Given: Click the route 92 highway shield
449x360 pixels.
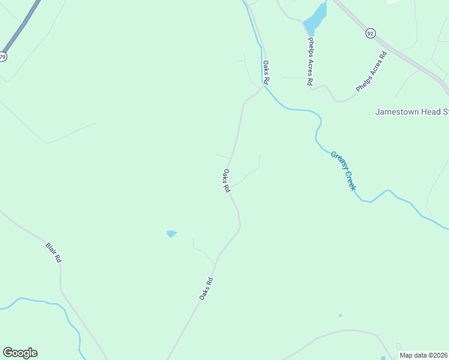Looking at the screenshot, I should (x=370, y=34).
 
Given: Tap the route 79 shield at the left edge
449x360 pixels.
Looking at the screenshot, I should (x=3, y=57).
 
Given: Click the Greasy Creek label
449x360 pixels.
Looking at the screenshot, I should (x=343, y=170).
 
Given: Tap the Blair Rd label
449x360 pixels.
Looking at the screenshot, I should (x=53, y=252).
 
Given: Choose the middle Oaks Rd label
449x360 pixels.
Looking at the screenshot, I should (x=226, y=180).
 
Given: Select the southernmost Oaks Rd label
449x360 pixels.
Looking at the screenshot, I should (x=206, y=288).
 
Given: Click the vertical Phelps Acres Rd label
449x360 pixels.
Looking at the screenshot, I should (x=310, y=62).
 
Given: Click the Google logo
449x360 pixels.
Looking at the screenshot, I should (x=20, y=353).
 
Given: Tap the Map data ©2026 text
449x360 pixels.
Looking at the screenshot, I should (x=424, y=355).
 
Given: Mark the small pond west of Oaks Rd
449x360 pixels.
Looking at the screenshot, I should (x=172, y=233).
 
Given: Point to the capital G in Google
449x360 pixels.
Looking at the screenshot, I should (x=8, y=353).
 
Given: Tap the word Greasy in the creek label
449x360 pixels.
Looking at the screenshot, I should (x=338, y=162).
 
